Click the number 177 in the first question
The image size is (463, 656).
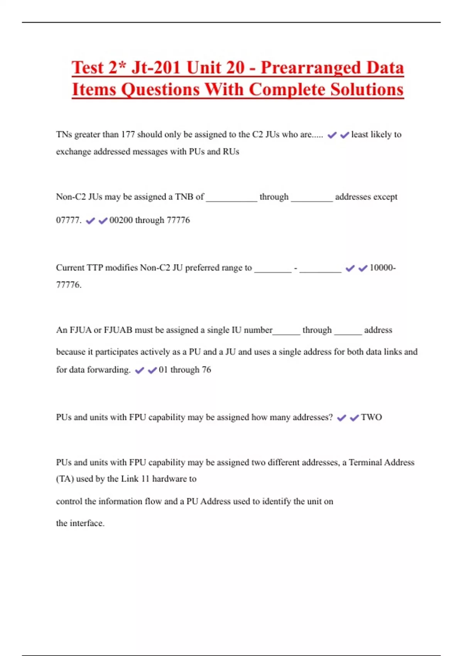(x=128, y=135)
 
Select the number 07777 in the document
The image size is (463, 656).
(x=69, y=220)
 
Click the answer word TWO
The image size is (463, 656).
(x=372, y=418)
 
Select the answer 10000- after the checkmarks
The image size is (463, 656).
(x=382, y=268)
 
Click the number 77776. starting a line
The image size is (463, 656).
(x=69, y=285)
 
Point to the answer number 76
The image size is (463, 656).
(x=206, y=370)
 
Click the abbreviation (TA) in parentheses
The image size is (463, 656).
(x=65, y=479)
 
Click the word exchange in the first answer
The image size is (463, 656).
(x=73, y=152)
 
